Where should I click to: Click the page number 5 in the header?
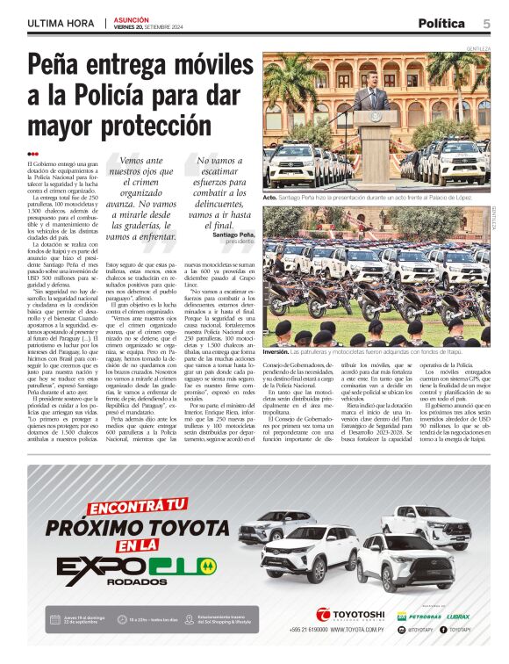coord(485,23)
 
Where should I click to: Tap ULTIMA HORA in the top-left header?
coord(61,23)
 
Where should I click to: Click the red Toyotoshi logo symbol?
coord(323,614)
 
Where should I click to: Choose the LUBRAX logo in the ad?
coord(458,616)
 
